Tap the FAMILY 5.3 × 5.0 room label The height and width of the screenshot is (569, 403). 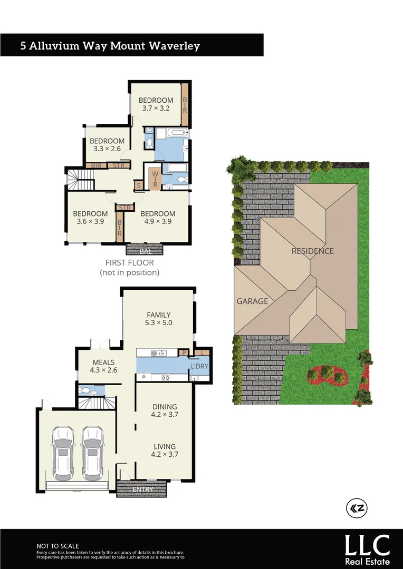click(x=159, y=319)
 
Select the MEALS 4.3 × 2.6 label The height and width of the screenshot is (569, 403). click(x=103, y=366)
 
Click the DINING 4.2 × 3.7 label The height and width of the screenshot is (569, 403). click(x=164, y=410)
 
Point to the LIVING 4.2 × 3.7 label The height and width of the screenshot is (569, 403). click(x=164, y=450)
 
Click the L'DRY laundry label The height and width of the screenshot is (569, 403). click(x=199, y=366)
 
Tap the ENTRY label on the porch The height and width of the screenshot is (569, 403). click(x=142, y=489)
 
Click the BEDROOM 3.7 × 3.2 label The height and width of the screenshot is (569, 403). click(x=156, y=104)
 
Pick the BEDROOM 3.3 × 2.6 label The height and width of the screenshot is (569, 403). click(x=107, y=145)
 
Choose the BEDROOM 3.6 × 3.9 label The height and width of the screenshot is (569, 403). click(x=90, y=218)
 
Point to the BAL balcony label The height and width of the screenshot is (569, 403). click(x=146, y=252)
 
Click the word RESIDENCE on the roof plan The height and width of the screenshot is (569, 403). click(x=313, y=251)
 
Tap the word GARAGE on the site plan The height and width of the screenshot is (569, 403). click(x=252, y=301)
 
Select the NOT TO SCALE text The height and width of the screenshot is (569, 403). click(x=57, y=546)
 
